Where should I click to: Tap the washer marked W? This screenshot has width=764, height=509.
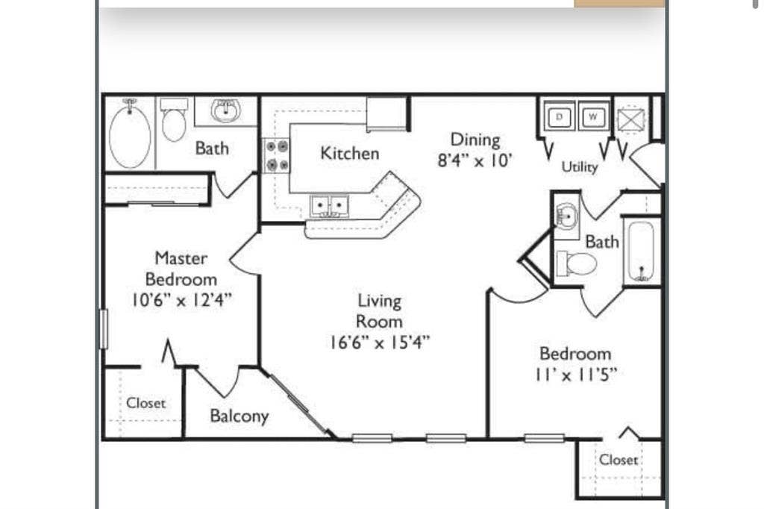[593, 116]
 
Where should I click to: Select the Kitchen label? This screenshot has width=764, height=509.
[349, 153]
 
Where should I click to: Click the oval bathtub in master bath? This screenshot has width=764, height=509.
[130, 135]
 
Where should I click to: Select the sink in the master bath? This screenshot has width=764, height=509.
[225, 111]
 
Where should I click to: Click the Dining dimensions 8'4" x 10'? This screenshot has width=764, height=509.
[475, 160]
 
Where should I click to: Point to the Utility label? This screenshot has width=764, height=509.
[580, 167]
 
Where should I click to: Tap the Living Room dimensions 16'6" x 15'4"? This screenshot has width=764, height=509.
[380, 343]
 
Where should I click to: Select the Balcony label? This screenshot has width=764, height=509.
[239, 416]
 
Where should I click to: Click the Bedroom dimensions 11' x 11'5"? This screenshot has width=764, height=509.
[575, 375]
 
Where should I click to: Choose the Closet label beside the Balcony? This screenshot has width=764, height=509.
[145, 403]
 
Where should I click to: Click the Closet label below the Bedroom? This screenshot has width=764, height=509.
[619, 460]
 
